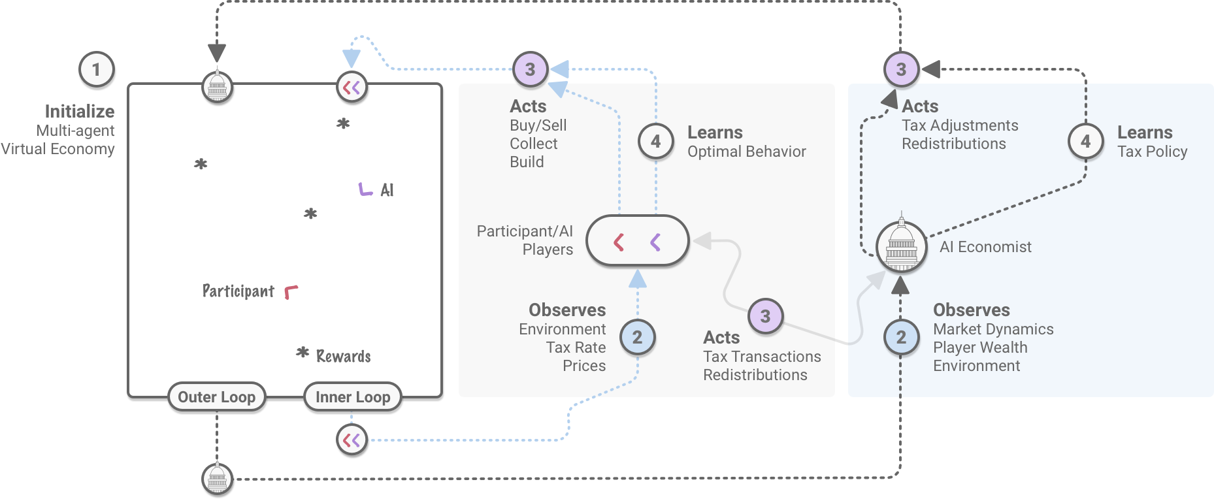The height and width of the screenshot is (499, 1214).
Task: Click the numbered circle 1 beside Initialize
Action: [97, 69]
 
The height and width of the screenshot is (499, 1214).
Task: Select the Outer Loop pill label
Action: [216, 397]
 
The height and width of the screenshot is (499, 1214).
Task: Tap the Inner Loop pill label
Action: [353, 397]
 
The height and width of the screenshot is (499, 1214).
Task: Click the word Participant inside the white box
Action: [238, 291]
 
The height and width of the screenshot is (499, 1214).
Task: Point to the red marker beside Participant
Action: [291, 292]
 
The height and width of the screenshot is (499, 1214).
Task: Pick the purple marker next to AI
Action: [365, 189]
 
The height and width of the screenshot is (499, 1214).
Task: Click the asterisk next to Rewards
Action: [303, 353]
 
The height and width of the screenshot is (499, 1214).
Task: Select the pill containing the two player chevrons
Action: [637, 241]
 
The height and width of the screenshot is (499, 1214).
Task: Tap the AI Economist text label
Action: [985, 247]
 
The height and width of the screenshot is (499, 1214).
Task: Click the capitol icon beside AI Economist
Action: [901, 246]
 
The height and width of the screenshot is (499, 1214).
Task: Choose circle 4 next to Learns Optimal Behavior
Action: [655, 141]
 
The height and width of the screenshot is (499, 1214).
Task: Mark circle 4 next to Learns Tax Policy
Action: [1085, 141]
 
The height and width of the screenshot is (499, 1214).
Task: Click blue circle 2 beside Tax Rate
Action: [637, 337]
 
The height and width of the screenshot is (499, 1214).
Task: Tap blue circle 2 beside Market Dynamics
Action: [901, 337]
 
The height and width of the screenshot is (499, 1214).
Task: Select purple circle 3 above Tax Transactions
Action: [765, 317]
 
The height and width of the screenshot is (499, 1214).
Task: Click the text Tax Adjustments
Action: [960, 125]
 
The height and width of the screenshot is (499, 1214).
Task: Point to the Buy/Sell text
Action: [538, 125]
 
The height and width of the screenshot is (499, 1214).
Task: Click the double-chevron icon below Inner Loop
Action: [352, 440]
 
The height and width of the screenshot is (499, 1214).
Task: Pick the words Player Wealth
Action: [980, 347]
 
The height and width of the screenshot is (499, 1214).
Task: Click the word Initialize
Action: [80, 112]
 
